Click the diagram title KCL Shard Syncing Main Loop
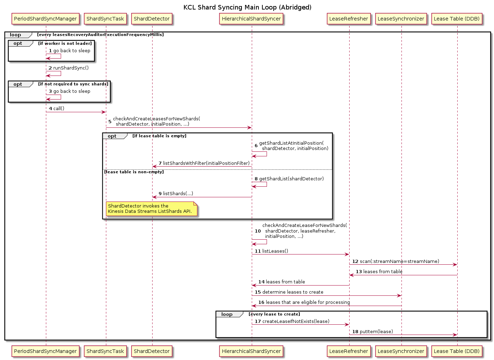[247, 7]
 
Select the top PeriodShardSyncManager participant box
[45, 19]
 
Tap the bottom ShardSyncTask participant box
[105, 351]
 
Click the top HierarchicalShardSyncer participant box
[251, 19]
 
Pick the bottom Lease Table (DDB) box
[457, 351]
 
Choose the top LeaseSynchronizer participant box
[401, 19]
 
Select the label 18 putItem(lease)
[373, 332]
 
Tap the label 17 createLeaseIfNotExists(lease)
[292, 322]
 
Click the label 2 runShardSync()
[69, 68]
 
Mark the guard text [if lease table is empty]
[159, 136]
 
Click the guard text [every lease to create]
[274, 314]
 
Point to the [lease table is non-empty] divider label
[134, 172]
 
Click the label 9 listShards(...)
[176, 194]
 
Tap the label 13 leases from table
[379, 272]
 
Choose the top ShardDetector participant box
[151, 19]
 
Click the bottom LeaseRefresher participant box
[349, 351]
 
